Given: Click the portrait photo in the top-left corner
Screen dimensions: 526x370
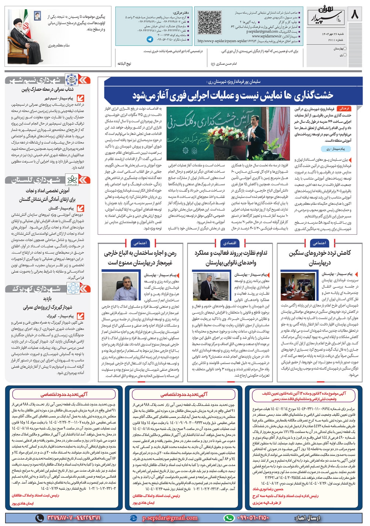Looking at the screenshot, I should (x=25, y=36).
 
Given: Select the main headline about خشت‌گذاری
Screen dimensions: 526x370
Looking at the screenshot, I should (x=233, y=95).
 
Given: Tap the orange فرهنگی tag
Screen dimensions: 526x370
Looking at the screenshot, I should (x=344, y=109).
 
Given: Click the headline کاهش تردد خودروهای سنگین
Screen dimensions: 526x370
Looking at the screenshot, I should (x=320, y=258).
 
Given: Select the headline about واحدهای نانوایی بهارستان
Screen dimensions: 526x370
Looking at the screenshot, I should (x=231, y=258).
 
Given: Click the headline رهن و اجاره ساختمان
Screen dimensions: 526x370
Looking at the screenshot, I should (x=140, y=258).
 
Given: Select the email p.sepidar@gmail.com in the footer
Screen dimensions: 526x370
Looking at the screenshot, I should (x=169, y=518).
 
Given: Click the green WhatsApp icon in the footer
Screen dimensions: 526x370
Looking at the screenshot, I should (x=230, y=518).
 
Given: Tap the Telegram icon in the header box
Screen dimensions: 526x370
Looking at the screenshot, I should (x=149, y=39).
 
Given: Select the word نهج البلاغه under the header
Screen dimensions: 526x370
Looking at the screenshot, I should (x=124, y=64).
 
